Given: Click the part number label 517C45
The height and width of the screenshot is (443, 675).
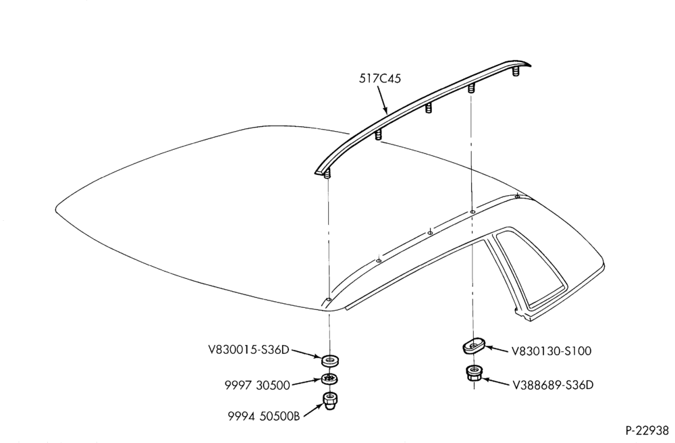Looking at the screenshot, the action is point(380,79).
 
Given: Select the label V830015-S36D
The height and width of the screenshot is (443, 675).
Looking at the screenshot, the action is point(249,350).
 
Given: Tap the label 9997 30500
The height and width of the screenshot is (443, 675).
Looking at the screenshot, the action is point(257,385).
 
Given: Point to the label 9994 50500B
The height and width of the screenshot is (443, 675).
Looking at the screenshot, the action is point(263,416).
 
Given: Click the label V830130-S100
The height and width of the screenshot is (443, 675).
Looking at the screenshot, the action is point(551,351).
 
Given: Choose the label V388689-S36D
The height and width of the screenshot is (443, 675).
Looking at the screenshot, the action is point(553,384).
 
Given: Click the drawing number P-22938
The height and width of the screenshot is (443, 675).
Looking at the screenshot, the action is point(648,431).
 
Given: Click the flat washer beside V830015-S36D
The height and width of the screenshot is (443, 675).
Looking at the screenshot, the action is point(330,359).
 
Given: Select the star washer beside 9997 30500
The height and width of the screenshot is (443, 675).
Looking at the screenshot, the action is point(330,379).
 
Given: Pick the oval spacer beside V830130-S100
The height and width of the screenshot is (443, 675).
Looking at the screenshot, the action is point(474,345).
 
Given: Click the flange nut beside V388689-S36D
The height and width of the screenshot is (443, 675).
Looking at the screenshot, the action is point(474,373).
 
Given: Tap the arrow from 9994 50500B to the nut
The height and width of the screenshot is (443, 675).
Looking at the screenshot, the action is point(313,410).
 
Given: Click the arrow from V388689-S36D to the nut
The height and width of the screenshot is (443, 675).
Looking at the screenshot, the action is point(495,381).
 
